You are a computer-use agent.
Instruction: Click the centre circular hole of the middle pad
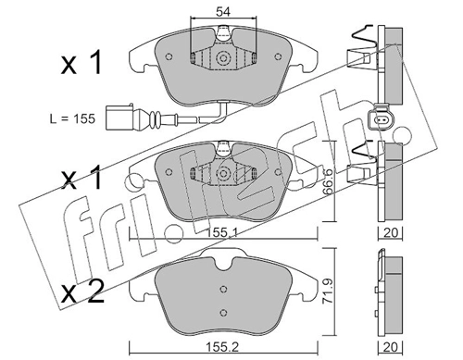coord(223,172)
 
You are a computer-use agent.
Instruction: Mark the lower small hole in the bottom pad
coord(223,311)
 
